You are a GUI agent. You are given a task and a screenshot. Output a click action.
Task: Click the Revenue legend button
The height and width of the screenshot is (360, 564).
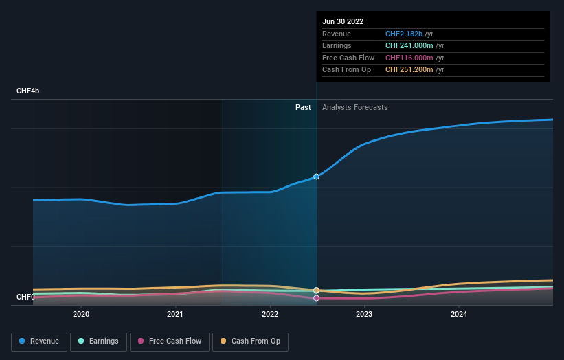[38, 341]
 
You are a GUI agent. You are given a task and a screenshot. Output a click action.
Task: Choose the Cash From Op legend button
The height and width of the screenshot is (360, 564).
[250, 341]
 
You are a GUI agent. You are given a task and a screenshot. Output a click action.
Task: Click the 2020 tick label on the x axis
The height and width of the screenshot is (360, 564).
[81, 315]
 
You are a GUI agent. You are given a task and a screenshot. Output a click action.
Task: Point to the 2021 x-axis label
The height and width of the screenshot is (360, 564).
[175, 315]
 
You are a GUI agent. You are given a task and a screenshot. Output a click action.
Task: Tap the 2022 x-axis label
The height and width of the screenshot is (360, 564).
[270, 315]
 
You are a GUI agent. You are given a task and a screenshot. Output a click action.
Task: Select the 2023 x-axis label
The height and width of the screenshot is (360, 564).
[364, 315]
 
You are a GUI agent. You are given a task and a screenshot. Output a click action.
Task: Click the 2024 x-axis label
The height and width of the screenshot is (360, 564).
[459, 315]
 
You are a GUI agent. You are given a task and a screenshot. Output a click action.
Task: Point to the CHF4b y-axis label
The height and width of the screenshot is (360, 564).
[28, 91]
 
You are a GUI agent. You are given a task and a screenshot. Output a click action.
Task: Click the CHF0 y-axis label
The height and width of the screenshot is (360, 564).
[25, 297]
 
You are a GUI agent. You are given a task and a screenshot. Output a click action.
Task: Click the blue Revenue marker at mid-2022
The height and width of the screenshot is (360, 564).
[317, 177]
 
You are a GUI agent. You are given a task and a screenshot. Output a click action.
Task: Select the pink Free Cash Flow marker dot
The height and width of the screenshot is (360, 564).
[317, 298]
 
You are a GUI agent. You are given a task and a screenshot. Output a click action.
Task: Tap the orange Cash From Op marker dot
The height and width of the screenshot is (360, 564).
[317, 291]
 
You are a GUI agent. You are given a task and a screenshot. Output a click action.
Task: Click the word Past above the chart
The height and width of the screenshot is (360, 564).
[303, 107]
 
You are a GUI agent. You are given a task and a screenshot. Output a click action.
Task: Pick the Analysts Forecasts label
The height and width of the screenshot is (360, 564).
[354, 107]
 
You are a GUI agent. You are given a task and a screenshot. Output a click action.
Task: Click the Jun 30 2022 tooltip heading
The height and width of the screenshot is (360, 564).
[343, 21]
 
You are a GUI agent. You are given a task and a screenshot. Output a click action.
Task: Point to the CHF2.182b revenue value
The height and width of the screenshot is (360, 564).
[405, 34]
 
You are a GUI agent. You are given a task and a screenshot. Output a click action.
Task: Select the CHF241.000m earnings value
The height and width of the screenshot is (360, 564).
[410, 46]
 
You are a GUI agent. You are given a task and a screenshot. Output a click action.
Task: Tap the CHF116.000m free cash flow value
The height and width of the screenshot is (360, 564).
[410, 58]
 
